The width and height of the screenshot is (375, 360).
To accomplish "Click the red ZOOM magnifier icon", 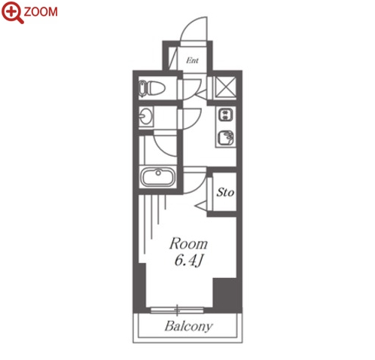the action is pyautogui.click(x=13, y=12).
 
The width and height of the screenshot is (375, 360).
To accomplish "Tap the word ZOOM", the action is pyautogui.click(x=41, y=12).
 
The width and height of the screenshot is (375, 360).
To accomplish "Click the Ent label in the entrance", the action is pyautogui.click(x=192, y=60).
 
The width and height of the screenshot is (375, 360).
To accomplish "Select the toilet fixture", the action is pyautogui.click(x=152, y=88).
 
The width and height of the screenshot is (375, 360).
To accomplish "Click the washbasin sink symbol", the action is pyautogui.click(x=146, y=116).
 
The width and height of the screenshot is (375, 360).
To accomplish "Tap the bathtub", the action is pyautogui.click(x=157, y=177).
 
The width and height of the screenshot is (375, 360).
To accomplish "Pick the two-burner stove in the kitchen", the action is pyautogui.click(x=226, y=114).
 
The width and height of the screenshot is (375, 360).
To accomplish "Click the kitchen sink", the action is pyautogui.click(x=225, y=138).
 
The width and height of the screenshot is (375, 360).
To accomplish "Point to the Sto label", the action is pyautogui.click(x=225, y=193).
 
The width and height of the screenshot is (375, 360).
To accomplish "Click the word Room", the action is pyautogui.click(x=188, y=244).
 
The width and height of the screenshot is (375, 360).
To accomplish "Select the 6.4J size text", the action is pyautogui.click(x=188, y=261).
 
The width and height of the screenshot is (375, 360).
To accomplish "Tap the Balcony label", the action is pyautogui.click(x=189, y=326).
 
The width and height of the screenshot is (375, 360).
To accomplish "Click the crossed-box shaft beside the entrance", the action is pyautogui.click(x=226, y=87).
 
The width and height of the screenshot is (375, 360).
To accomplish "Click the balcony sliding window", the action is pyautogui.click(x=177, y=310).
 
